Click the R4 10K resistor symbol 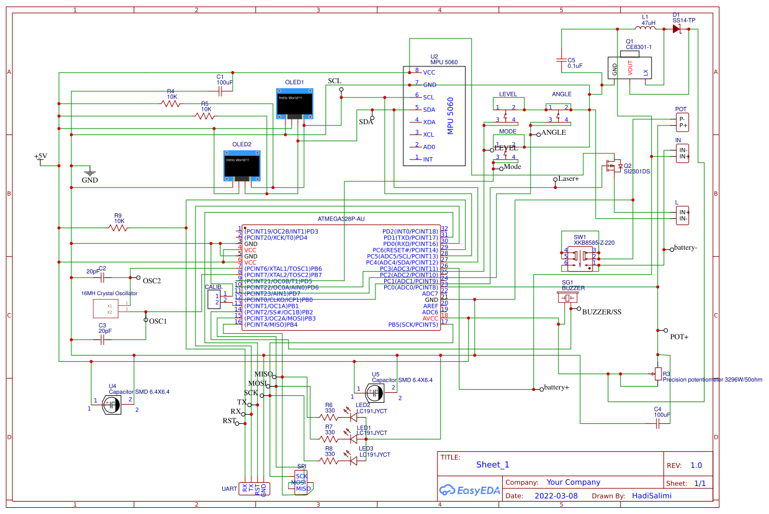172,104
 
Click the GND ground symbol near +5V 90,172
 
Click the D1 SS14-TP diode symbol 676,29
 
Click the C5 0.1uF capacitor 562,60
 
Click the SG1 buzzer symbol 569,298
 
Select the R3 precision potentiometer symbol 658,374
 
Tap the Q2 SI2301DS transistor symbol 613,165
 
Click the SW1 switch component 580,256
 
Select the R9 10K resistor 118,228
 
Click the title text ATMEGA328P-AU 341,219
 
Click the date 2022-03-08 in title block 555,496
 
